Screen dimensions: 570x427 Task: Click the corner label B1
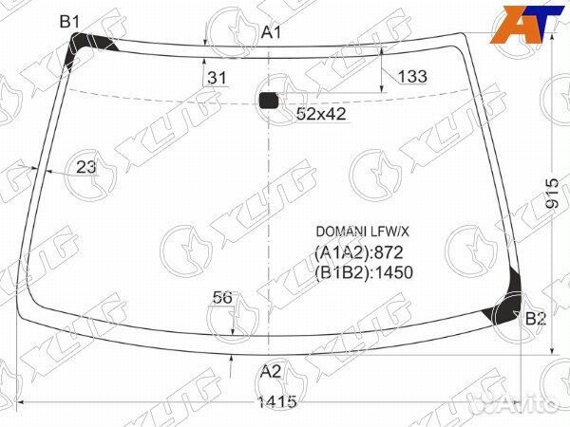[69, 22]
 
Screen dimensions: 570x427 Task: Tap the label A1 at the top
[271, 32]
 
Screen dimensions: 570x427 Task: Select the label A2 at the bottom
[271, 371]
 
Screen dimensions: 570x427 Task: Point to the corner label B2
[536, 319]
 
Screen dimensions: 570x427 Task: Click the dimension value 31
[217, 78]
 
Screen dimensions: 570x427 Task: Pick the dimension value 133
[412, 76]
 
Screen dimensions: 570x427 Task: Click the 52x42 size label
[321, 114]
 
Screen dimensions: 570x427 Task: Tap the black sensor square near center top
[269, 101]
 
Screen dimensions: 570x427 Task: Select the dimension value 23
[86, 167]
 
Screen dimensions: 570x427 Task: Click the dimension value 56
[222, 297]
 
